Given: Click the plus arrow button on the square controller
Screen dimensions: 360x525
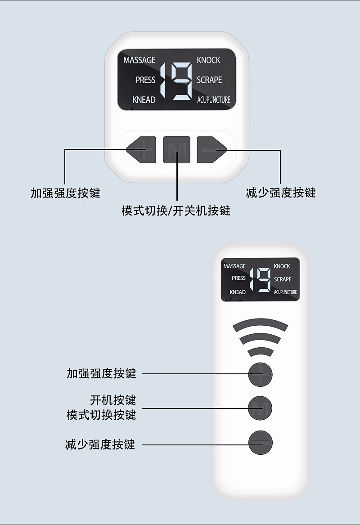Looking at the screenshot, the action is tap(141, 150).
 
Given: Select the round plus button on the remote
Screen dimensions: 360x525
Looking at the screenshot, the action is tap(261, 374).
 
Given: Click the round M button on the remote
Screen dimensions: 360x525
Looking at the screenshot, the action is tap(260, 408).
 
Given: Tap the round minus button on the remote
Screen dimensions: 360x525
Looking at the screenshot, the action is tap(261, 443).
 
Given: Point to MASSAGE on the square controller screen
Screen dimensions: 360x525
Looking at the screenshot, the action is tap(139, 60).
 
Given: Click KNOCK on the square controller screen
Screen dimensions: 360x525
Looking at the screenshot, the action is tap(208, 60).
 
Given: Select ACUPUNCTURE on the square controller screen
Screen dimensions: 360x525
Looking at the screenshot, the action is tap(213, 100).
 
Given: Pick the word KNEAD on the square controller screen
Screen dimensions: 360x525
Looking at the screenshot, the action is tap(144, 100).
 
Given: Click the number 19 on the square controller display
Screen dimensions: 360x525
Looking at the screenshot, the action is tap(176, 80).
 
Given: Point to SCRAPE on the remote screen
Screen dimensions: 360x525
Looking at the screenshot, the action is tap(283, 279).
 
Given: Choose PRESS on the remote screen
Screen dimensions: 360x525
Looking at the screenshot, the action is tap(238, 278).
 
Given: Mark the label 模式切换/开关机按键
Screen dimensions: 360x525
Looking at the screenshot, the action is tap(176, 211).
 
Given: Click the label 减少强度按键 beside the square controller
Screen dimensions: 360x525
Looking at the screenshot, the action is tap(281, 193).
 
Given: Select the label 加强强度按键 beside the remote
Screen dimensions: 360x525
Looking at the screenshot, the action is tap(101, 373).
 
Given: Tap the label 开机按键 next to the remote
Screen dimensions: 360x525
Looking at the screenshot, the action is tap(113, 399).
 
